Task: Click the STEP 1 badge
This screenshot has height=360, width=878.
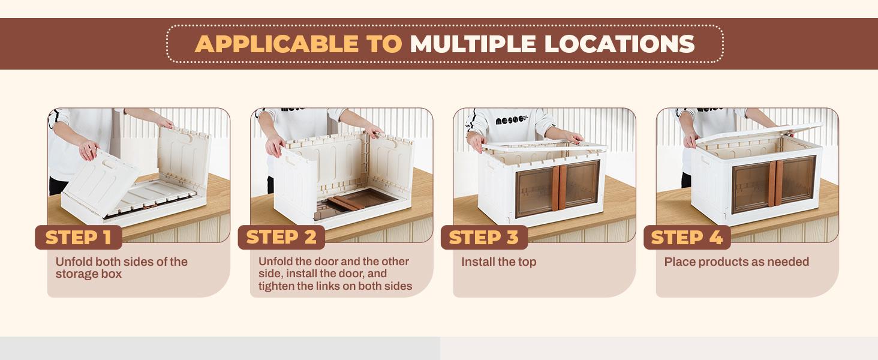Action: [78, 238]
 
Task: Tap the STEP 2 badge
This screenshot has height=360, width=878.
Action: [281, 238]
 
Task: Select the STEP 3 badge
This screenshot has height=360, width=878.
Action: [483, 238]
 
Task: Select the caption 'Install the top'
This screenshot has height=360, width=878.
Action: [498, 262]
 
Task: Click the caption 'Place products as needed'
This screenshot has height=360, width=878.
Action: [736, 262]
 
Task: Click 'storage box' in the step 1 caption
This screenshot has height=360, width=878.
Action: [89, 274]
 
